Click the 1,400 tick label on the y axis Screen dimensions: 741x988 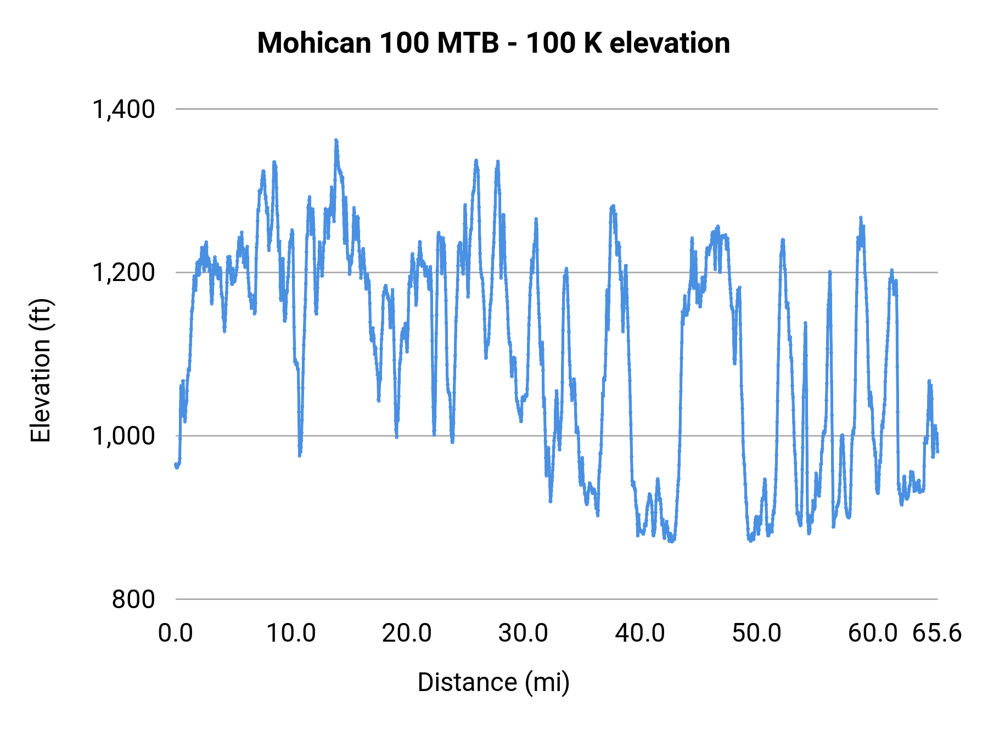124,109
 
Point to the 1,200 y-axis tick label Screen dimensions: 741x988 124,272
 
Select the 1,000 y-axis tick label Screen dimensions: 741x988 124,436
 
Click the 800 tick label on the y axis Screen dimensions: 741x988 133,599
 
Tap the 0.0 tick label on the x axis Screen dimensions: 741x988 176,633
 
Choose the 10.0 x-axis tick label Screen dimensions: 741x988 291,633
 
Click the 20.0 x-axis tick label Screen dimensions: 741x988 407,633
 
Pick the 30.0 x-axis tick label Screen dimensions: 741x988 523,633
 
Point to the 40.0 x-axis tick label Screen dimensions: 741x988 640,633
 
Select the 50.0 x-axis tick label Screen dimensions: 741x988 756,633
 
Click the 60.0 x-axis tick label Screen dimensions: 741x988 873,633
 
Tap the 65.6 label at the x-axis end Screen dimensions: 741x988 937,633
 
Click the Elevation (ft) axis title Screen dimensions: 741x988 41,371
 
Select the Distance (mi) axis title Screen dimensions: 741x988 493,682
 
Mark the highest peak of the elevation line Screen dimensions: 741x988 336,141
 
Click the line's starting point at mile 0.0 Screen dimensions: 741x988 176,465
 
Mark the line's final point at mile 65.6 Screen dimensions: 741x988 938,451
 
